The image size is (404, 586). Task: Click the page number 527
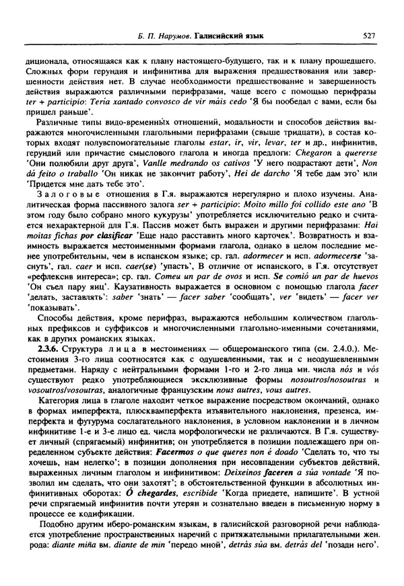point(367,34)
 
